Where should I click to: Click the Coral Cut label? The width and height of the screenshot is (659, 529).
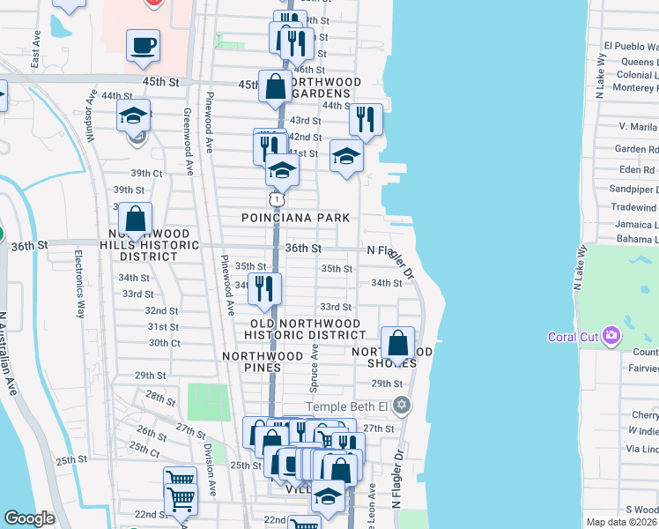click(x=574, y=336)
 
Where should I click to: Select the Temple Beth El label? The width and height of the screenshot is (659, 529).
click(x=349, y=406)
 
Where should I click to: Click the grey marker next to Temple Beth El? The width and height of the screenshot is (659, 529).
click(x=403, y=406)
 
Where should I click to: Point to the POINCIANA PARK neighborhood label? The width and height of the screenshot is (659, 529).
click(x=297, y=218)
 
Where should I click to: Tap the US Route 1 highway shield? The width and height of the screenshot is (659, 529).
click(x=277, y=199)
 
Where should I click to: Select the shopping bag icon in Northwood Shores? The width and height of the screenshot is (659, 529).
click(x=398, y=343)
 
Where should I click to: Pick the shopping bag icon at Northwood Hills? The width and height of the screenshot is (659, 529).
click(x=136, y=220)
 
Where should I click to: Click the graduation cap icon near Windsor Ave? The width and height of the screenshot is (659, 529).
click(x=133, y=115)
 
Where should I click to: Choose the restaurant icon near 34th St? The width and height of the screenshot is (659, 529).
click(x=264, y=288)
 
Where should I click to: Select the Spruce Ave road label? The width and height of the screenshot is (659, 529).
click(x=313, y=368)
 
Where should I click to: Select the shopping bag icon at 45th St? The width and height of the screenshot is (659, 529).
click(x=276, y=86)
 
